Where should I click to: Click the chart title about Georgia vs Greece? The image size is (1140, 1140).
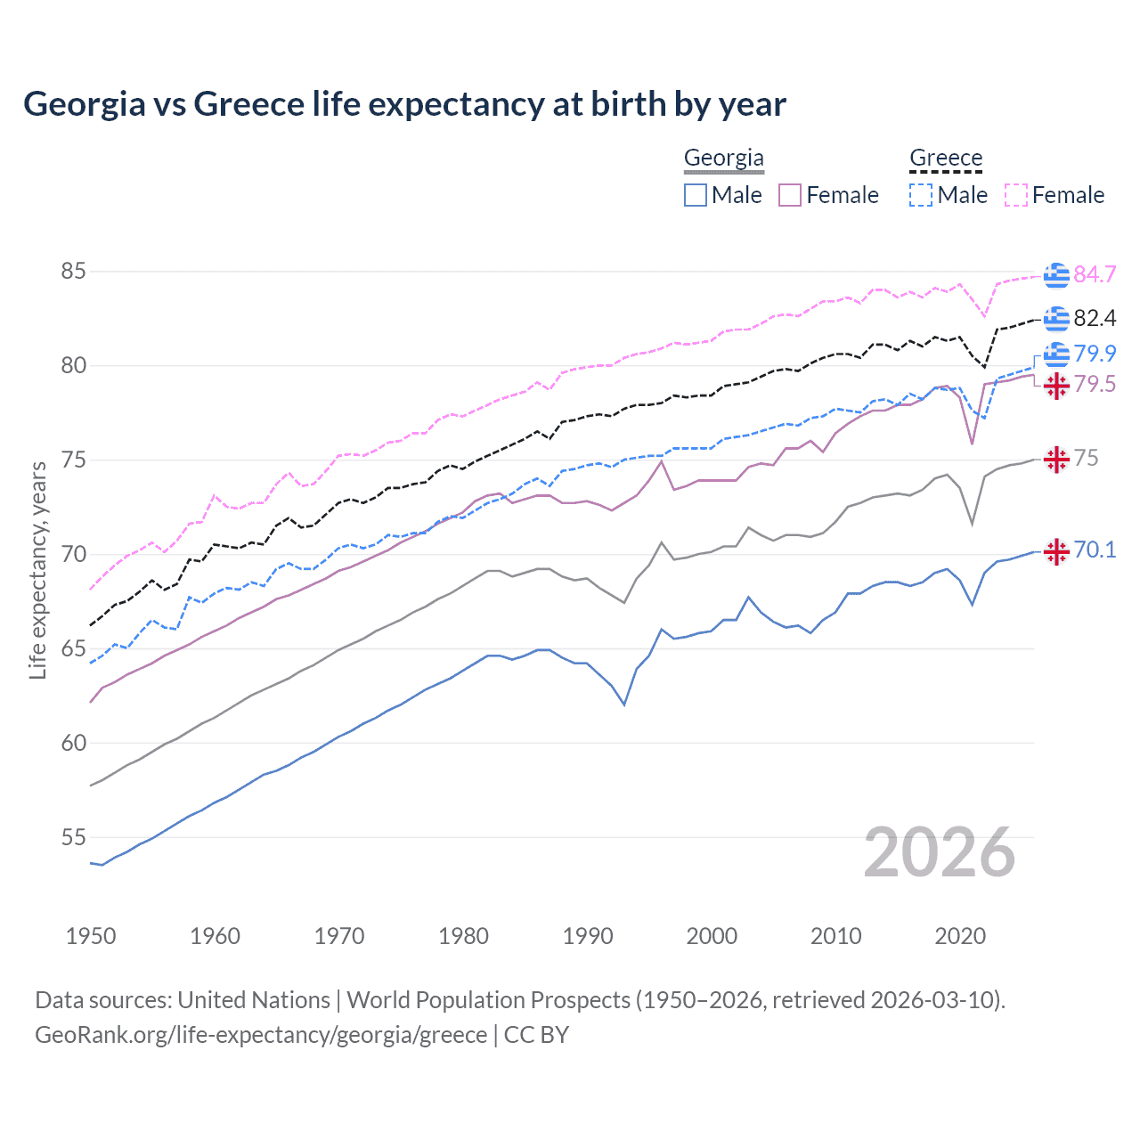tap(404, 104)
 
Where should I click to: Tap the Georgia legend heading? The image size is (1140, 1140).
tap(723, 158)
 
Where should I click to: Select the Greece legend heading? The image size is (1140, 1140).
tap(945, 158)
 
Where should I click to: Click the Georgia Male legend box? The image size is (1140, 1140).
tap(696, 195)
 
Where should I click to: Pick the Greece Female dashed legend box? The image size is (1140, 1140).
tap(1015, 195)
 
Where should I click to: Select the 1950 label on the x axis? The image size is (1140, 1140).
tap(91, 936)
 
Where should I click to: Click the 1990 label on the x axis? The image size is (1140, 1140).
tap(588, 936)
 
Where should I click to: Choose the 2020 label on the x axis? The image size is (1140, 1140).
tap(960, 936)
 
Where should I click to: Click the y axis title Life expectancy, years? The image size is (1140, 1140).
tap(37, 570)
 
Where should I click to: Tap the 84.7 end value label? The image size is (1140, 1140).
tap(1095, 274)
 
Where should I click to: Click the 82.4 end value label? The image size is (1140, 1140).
tap(1095, 318)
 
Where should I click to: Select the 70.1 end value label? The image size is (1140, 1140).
tap(1095, 550)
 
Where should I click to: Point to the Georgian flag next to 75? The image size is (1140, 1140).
tap(1056, 460)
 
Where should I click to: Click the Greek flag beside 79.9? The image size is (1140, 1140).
tap(1056, 354)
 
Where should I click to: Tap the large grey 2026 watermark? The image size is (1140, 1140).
tap(939, 852)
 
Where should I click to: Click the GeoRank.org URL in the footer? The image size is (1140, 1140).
tap(261, 1035)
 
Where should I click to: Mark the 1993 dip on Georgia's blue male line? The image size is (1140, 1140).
tap(624, 704)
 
